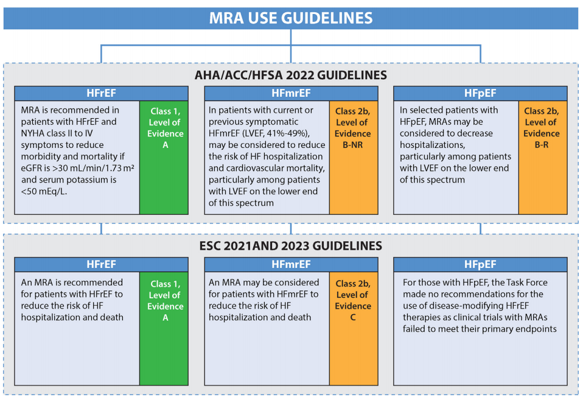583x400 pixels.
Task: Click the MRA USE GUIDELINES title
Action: click(291, 18)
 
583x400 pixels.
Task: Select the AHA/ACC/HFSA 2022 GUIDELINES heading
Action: click(291, 75)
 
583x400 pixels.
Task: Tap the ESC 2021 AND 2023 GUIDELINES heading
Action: click(291, 246)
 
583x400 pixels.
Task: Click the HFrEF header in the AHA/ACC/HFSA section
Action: click(101, 93)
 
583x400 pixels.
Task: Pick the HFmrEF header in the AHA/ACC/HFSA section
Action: click(291, 93)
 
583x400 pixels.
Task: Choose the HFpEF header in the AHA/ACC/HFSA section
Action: click(480, 93)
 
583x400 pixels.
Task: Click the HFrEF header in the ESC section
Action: click(101, 264)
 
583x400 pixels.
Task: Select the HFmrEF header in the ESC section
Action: click(291, 264)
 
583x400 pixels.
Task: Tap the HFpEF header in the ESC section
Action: click(480, 264)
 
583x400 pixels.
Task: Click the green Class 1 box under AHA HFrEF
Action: click(164, 158)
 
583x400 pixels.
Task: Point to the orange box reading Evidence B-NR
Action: click(354, 158)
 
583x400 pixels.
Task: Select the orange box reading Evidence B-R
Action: click(543, 158)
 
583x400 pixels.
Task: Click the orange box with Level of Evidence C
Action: click(354, 329)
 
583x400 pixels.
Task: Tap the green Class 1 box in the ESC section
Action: click(164, 329)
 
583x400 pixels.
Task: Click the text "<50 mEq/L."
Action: click(44, 191)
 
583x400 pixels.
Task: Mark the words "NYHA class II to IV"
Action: click(57, 133)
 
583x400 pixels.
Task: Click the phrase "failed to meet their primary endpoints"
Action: click(480, 329)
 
